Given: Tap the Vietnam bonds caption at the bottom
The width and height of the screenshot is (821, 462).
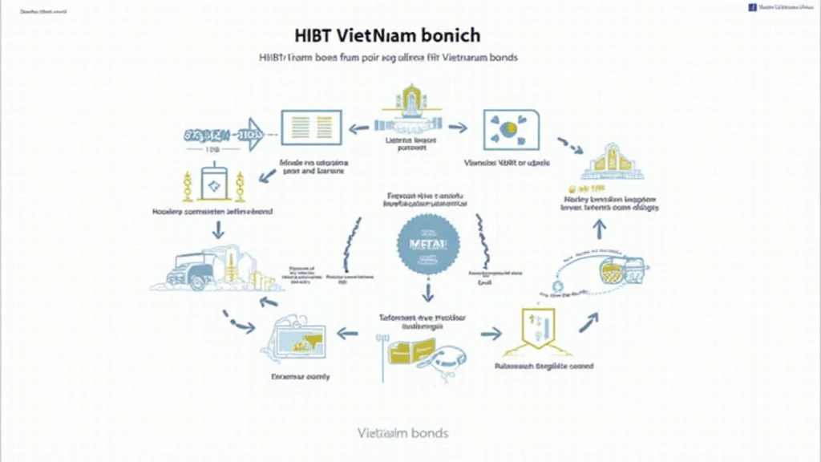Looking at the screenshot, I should (x=402, y=433).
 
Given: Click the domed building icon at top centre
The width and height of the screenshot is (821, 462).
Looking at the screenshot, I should (x=410, y=108).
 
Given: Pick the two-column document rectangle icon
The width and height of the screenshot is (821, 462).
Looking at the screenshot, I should (x=311, y=128).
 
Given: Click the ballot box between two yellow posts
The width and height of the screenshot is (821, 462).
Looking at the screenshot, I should (x=214, y=184).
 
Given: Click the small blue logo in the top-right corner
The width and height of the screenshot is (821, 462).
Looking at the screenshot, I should (x=752, y=6).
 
